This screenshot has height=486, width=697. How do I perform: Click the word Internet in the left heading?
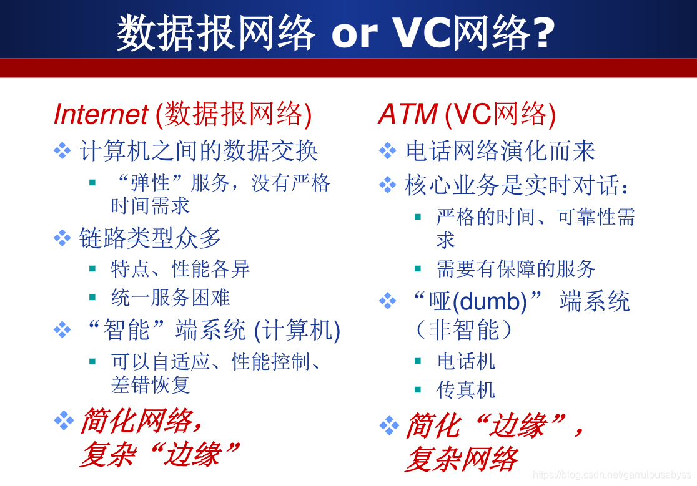(101, 114)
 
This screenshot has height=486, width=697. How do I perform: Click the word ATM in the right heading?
(408, 114)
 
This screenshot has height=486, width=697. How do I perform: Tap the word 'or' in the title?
(354, 33)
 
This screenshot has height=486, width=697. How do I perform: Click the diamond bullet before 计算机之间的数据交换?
(62, 150)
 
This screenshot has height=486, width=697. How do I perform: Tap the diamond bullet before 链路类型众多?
(62, 238)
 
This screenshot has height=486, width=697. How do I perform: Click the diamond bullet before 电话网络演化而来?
(388, 150)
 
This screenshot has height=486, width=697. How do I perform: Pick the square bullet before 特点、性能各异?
(92, 268)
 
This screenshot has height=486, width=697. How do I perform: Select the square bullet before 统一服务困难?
(92, 298)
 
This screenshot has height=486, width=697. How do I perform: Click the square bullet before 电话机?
(417, 361)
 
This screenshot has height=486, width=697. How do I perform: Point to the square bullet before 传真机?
(417, 390)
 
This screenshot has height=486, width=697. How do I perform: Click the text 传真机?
(466, 390)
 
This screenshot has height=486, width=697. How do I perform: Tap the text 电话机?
(466, 361)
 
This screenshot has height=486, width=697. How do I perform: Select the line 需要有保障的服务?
(516, 268)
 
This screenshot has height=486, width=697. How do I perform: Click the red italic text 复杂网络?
(462, 459)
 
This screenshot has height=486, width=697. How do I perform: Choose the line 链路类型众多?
(150, 238)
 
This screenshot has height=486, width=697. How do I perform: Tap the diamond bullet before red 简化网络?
(64, 420)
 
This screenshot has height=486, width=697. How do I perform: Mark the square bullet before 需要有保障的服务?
(417, 268)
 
